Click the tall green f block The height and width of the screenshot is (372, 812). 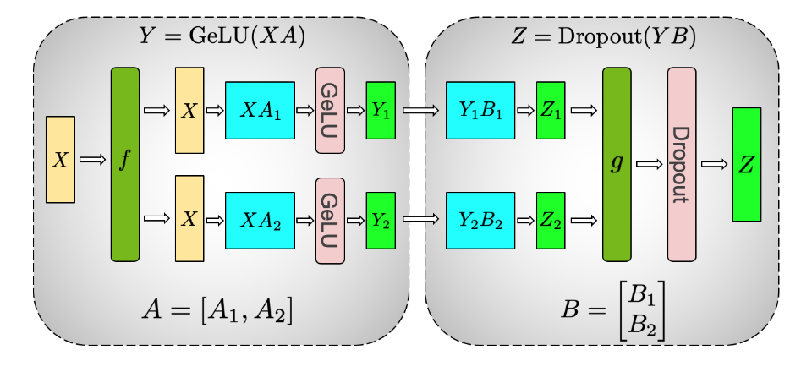click(124, 164)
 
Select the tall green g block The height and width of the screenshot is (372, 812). click(617, 164)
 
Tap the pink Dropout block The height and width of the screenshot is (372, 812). click(682, 164)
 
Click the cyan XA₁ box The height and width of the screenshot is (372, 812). click(260, 111)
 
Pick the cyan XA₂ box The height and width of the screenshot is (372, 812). click(260, 220)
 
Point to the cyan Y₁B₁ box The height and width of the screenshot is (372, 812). click(480, 111)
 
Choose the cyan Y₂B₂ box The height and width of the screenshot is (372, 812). click(480, 220)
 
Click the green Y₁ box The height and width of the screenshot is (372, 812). click(381, 111)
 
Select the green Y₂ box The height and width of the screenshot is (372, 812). click(381, 220)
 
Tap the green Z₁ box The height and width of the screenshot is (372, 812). click(551, 111)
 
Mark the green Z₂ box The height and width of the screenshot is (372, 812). click(551, 220)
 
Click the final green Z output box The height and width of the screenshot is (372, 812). click(747, 164)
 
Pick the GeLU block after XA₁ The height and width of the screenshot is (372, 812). click(330, 111)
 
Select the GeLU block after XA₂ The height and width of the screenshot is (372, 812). click(330, 220)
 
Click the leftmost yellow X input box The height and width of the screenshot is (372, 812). click(60, 160)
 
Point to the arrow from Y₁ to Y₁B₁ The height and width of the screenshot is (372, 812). click(420, 111)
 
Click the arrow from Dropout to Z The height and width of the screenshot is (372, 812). click(714, 165)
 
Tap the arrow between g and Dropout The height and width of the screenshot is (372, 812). click(649, 165)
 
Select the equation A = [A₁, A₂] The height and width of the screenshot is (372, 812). click(218, 312)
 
